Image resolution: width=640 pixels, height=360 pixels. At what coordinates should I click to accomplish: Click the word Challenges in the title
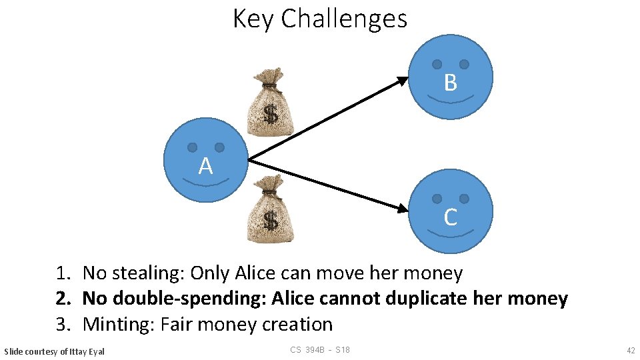tap(344, 19)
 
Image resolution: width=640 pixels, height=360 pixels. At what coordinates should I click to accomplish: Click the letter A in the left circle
tap(205, 166)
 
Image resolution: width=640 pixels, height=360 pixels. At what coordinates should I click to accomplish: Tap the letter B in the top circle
tap(451, 83)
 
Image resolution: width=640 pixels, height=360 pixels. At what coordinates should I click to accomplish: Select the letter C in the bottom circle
tap(451, 217)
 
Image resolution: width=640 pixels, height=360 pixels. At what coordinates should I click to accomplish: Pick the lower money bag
tap(269, 209)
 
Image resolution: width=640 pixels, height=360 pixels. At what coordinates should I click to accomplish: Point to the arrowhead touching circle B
tap(402, 81)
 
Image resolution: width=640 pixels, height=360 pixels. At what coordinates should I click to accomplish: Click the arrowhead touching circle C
tap(401, 209)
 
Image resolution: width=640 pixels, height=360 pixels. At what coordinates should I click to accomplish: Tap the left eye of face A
tap(192, 147)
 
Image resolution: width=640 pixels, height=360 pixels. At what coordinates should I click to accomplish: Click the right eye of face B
tap(464, 64)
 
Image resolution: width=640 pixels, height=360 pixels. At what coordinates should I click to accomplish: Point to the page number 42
tap(630, 351)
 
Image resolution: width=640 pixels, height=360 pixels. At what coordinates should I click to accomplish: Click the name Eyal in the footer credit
tap(95, 351)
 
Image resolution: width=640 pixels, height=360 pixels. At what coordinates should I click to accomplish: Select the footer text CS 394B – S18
tap(320, 351)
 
